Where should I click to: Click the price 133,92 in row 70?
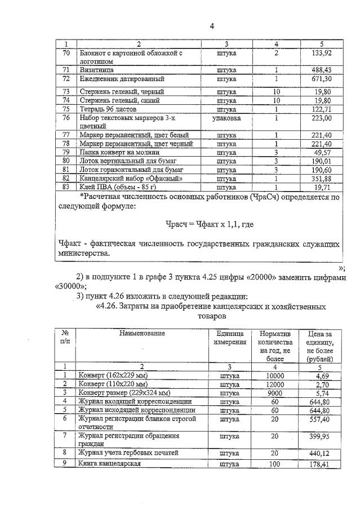(320, 53)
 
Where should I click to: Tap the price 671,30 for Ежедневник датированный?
(320, 78)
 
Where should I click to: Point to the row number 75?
(66, 109)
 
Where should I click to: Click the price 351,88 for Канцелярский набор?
(320, 178)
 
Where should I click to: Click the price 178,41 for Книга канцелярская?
(319, 464)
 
